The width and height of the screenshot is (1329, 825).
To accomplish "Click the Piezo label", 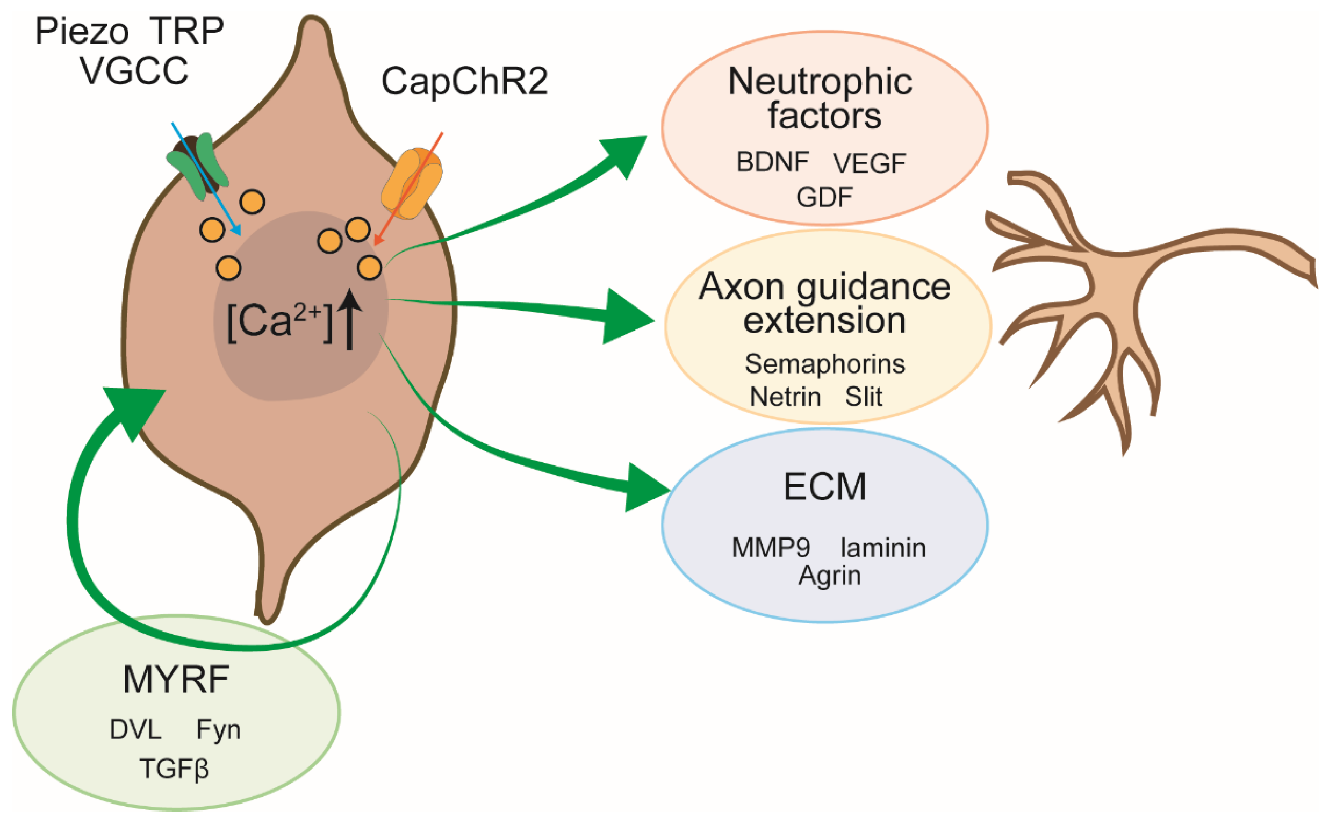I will [82, 32].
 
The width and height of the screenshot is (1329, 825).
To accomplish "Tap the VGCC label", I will [134, 71].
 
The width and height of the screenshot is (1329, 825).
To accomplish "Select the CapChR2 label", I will [464, 82].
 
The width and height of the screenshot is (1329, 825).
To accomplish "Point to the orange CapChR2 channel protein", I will [412, 183].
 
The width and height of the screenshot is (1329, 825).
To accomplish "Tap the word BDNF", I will [772, 162].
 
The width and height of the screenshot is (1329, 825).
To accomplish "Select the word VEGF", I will [870, 164].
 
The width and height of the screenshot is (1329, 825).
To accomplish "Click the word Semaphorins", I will [824, 364].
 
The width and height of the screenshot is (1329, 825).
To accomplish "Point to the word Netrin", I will [785, 397].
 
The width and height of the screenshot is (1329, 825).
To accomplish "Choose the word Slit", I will [864, 397].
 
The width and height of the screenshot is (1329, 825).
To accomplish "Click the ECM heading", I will [824, 487].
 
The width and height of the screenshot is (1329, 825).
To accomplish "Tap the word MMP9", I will [770, 548].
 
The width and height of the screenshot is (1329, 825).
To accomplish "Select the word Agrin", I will [830, 576].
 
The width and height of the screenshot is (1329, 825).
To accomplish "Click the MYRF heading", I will [176, 680].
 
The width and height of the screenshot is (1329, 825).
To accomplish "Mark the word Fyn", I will [218, 730].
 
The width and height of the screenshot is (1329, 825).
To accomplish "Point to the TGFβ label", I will [174, 769].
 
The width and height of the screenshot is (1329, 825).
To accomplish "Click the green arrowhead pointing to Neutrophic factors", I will [624, 154].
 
